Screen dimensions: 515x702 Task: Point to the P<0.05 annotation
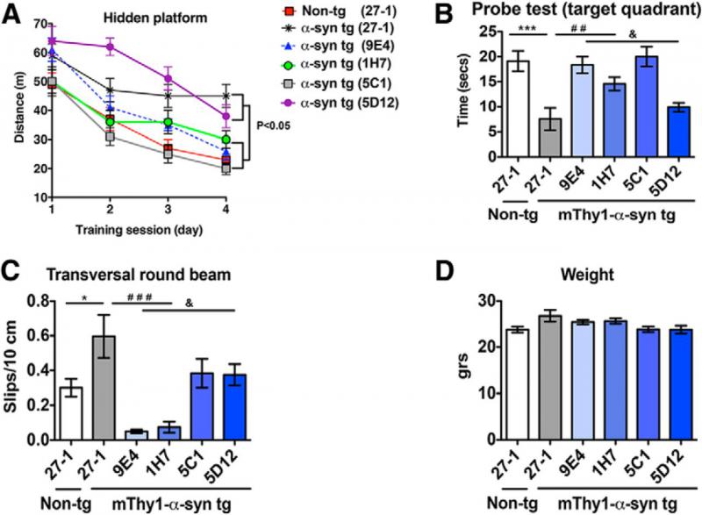click(276, 124)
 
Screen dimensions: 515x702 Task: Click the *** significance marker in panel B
click(502, 29)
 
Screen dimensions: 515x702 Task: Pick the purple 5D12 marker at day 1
click(52, 40)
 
